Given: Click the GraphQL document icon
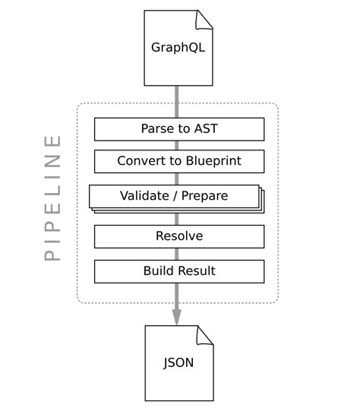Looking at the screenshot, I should [178, 47].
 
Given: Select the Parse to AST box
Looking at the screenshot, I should [179, 129].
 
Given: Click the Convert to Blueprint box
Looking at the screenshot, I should [179, 161].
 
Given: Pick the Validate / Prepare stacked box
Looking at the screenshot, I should [175, 196].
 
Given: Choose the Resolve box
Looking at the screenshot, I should [179, 236].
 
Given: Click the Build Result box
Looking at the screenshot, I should [179, 271].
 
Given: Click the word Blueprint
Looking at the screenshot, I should [213, 161].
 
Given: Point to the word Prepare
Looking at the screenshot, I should [204, 196].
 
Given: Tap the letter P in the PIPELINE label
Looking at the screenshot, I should [52, 255].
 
